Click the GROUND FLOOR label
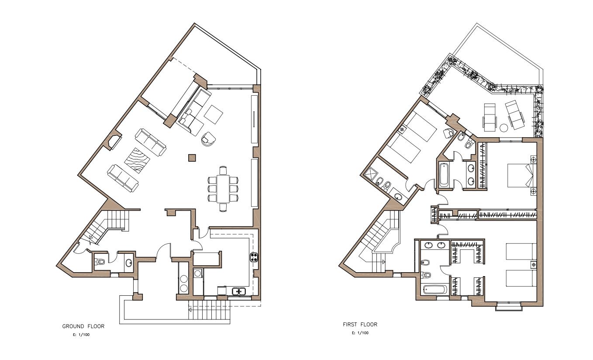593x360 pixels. (x=83, y=326)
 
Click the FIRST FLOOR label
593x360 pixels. (x=360, y=325)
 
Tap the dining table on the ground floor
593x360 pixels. (x=223, y=189)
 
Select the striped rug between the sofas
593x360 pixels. (x=137, y=160)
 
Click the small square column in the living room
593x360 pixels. (x=192, y=158)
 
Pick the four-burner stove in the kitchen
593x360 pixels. (x=254, y=257)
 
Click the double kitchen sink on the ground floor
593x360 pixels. (x=239, y=291)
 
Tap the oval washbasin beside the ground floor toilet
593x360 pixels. (x=129, y=263)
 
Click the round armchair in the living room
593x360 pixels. (x=208, y=139)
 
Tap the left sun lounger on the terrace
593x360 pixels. (x=490, y=117)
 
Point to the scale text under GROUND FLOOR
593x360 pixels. (x=81, y=335)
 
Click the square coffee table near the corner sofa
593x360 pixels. (x=214, y=114)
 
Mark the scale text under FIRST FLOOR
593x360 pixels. (x=360, y=333)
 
